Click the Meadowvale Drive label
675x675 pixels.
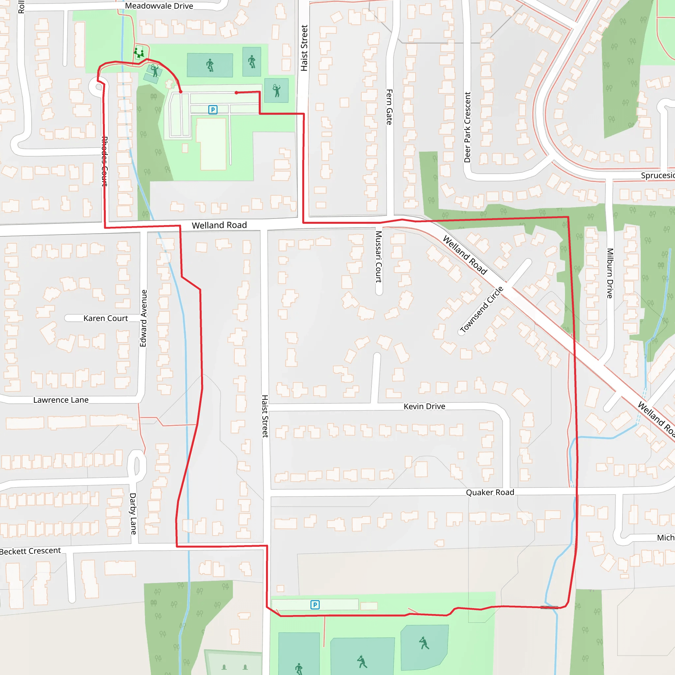[x=159, y=6]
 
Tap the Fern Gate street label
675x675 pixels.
[x=389, y=107]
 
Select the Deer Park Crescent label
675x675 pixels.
[x=467, y=127]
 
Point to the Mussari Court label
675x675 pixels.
[x=378, y=257]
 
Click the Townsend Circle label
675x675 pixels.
[x=482, y=309]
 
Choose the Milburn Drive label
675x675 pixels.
[x=610, y=273]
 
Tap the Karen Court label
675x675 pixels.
[x=105, y=318]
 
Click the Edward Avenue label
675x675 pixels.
[x=143, y=318]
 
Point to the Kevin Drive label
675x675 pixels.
[x=424, y=406]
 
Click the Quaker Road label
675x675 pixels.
[x=490, y=492]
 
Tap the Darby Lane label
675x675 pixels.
[x=133, y=514]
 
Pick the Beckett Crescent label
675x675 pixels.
[x=30, y=551]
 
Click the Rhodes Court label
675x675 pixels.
[x=104, y=161]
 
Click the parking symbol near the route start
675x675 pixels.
[x=213, y=110]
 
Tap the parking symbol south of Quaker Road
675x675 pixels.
[x=315, y=605]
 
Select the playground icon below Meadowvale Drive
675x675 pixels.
[x=139, y=53]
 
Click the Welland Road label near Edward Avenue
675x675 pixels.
[x=219, y=225]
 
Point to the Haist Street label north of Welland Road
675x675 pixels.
[x=304, y=48]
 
